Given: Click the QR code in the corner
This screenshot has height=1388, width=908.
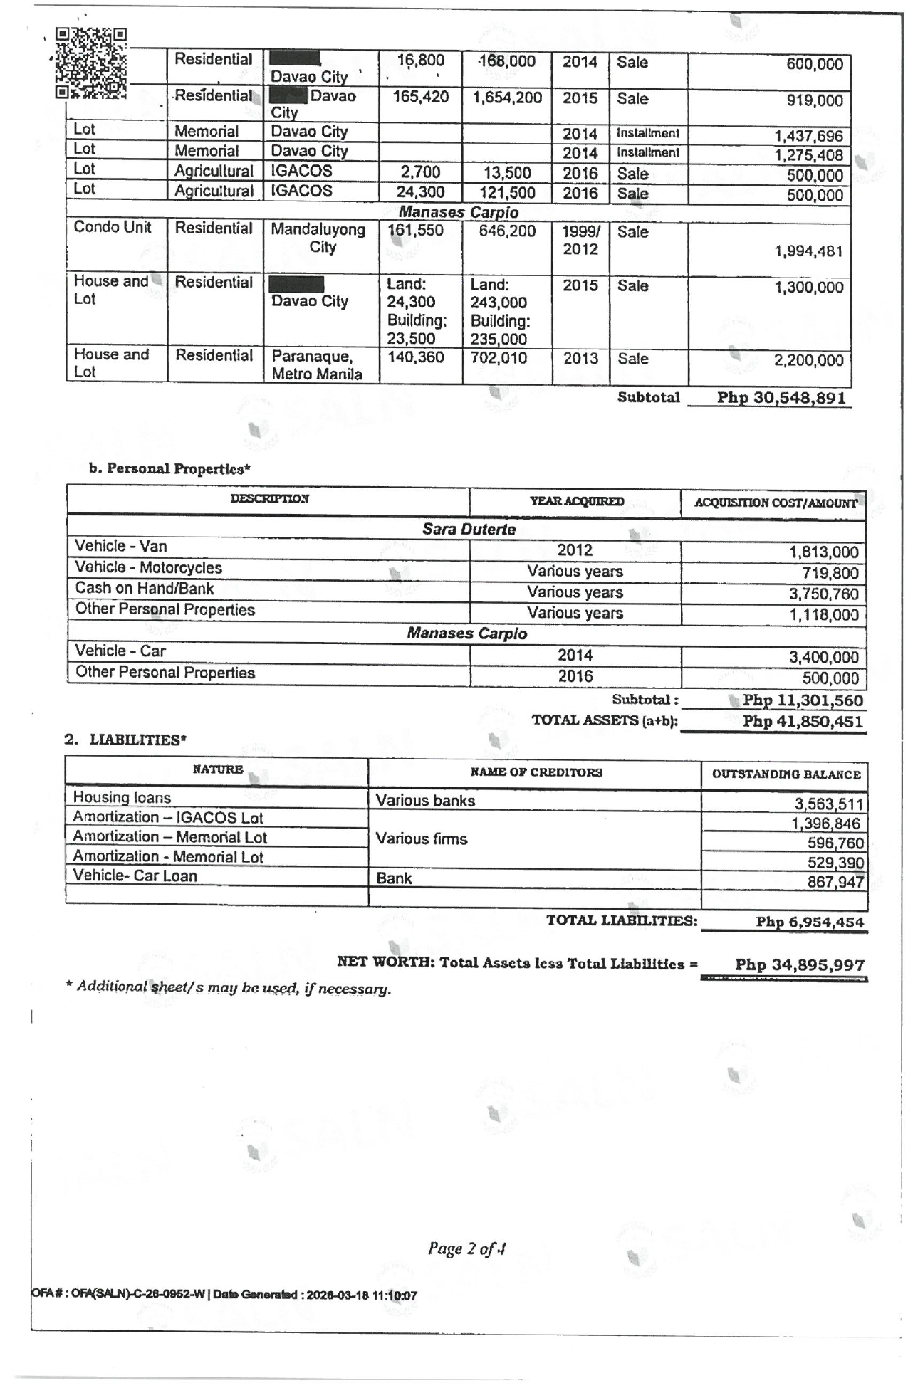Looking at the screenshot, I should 90,63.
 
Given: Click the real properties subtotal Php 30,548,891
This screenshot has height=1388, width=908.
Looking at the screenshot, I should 781,398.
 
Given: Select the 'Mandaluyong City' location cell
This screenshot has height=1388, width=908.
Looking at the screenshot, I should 318,238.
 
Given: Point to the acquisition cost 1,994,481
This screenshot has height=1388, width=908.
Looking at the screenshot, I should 808,251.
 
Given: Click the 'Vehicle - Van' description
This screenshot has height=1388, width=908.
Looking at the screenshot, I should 121,547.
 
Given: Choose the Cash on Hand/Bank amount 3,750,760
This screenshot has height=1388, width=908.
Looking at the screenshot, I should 824,594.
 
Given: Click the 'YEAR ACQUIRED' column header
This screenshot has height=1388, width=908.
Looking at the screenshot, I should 576,502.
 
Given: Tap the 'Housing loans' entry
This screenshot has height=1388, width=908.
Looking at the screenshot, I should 122,798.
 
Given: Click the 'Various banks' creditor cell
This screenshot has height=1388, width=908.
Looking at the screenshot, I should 425,801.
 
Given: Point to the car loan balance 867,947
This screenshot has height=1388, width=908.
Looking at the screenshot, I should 835,883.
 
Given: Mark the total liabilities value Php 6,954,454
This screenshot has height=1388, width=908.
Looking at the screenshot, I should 810,922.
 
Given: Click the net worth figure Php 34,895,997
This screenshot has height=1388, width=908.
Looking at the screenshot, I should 800,965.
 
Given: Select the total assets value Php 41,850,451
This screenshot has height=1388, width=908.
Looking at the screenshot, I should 803,722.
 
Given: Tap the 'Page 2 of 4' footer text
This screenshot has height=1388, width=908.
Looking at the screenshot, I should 466,1248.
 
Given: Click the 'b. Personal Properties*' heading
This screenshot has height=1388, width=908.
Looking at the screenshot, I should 169,469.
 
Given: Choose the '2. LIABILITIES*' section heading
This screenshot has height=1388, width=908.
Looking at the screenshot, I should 125,740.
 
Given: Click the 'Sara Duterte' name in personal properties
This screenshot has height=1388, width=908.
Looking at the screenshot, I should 469,530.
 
